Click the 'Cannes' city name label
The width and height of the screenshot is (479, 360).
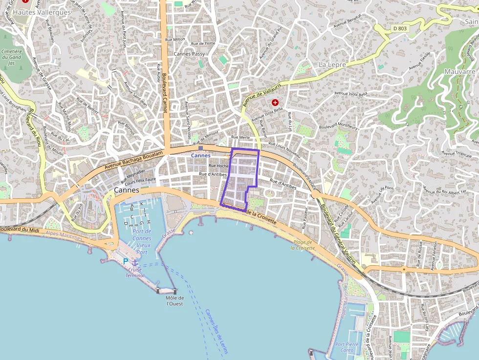(126, 190)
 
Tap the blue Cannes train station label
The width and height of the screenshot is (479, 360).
(200, 155)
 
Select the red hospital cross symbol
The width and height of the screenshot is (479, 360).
(275, 103)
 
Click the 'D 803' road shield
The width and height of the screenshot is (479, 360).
(399, 29)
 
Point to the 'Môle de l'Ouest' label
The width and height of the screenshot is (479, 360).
(174, 301)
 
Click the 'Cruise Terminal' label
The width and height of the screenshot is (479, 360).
(134, 273)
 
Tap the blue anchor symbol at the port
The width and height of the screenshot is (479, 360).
(135, 262)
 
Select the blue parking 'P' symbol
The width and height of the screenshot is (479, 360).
(126, 262)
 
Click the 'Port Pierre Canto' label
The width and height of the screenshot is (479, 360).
(347, 347)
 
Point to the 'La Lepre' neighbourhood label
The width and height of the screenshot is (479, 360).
(332, 64)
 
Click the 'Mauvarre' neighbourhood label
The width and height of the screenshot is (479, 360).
(459, 71)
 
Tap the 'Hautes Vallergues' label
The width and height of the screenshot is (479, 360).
(42, 12)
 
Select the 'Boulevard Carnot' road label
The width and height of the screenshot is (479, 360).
(164, 93)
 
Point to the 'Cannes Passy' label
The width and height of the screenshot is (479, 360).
(189, 54)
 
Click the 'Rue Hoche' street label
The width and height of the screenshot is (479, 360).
(218, 166)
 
